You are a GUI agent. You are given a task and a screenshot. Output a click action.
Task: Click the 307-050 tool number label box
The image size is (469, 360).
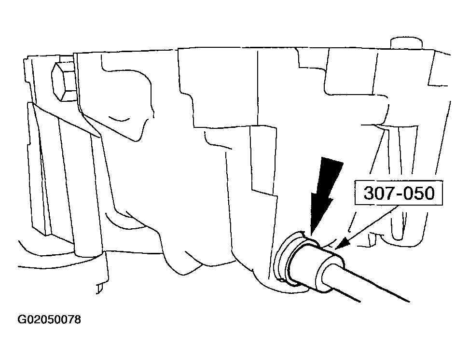click(x=399, y=193)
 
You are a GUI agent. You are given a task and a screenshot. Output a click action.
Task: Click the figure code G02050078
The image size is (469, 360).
click(x=49, y=319)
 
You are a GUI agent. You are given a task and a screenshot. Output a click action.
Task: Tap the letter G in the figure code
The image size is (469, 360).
click(x=22, y=319)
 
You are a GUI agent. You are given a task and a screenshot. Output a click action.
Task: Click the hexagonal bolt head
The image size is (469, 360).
click(x=63, y=82)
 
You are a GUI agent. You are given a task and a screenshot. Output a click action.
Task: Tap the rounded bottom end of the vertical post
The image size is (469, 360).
click(x=89, y=254)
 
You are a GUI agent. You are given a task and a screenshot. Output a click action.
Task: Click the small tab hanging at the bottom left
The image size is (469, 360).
click(x=99, y=289)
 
